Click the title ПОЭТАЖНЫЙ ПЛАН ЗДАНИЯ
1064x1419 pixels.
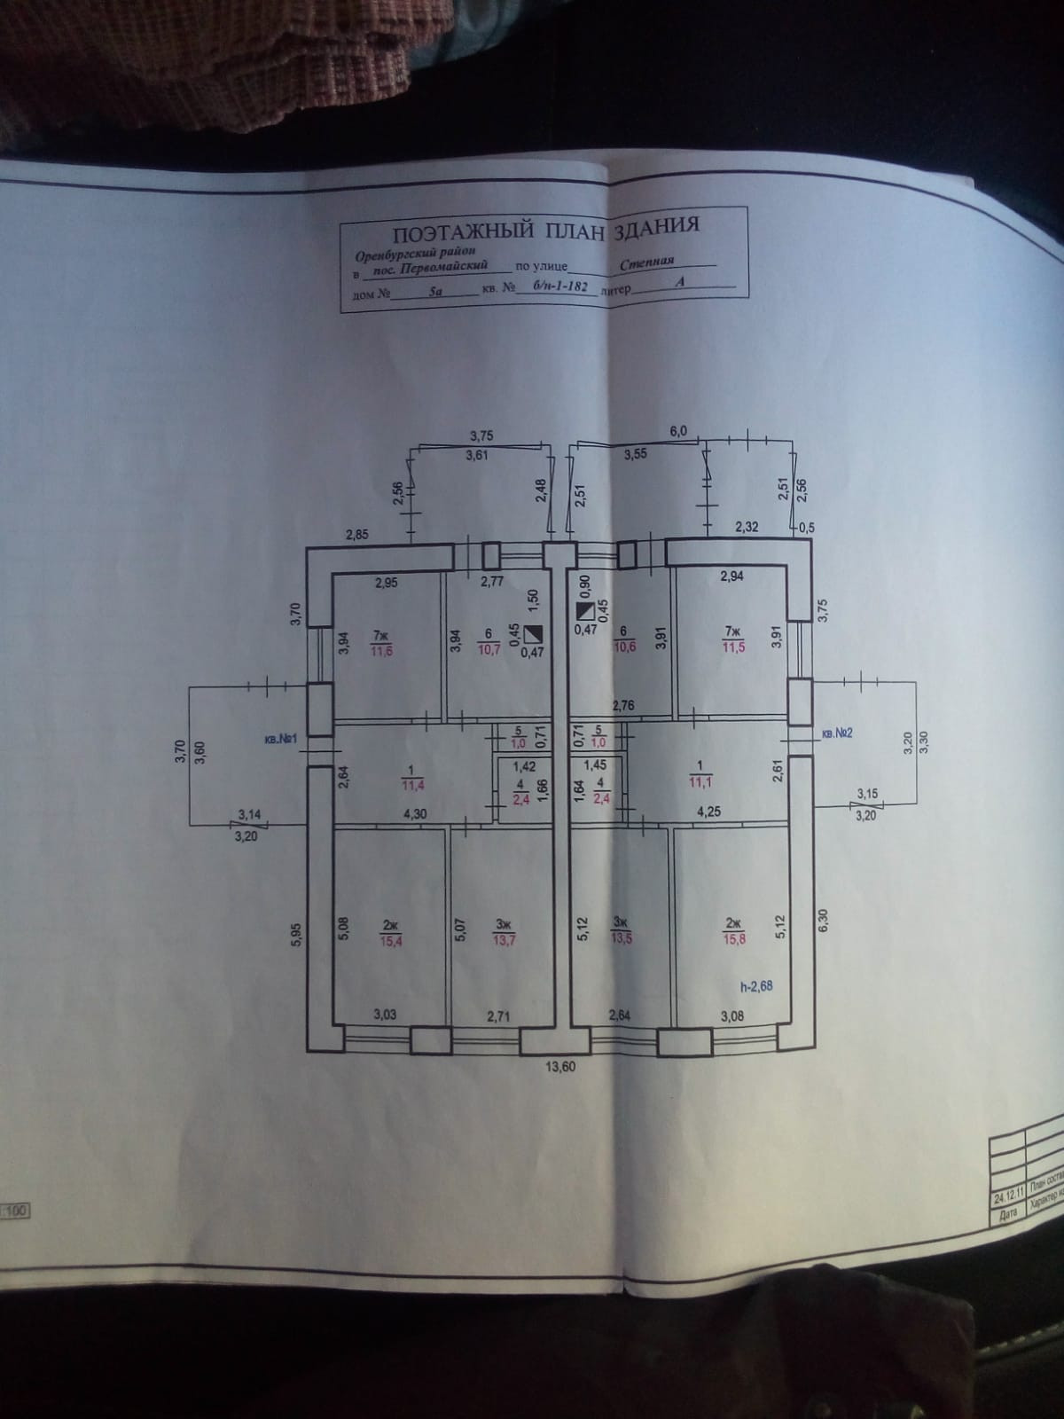(545, 228)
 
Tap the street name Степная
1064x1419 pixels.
(647, 263)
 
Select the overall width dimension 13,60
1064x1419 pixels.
(560, 1067)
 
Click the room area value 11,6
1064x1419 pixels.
(381, 649)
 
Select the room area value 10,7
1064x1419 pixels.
(489, 649)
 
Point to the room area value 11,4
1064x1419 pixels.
(413, 783)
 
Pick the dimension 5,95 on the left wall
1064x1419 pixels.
(297, 935)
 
